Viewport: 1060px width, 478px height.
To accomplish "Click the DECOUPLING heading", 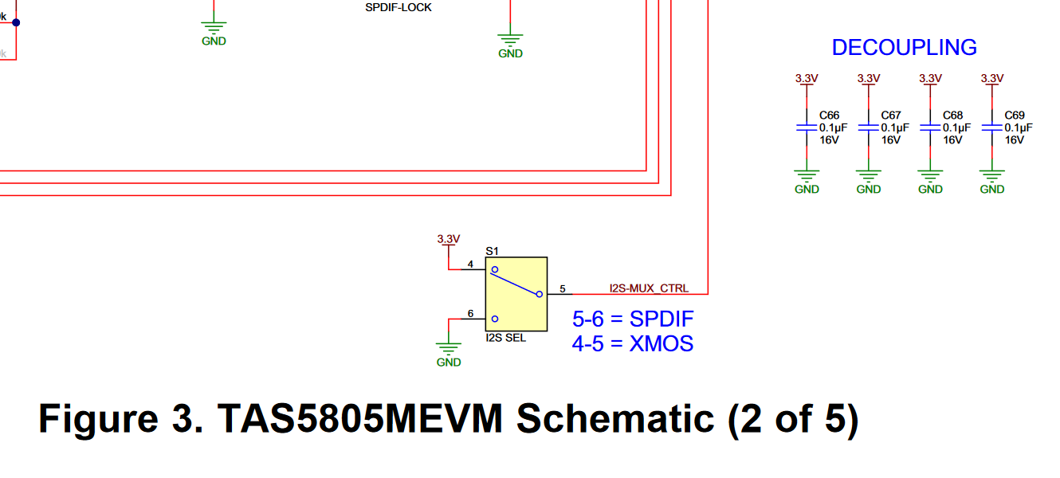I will pos(904,48).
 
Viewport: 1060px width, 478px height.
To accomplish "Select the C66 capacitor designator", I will pos(829,116).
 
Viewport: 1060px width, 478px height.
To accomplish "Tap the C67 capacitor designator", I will pos(891,116).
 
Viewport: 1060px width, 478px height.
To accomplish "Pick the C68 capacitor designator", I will pos(952,116).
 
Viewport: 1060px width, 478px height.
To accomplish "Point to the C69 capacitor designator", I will pos(1015,116).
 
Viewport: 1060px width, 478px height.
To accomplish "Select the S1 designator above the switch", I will pos(492,250).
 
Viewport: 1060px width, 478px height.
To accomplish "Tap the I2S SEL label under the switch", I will pos(505,338).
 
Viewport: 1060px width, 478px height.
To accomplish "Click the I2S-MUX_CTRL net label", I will pos(649,288).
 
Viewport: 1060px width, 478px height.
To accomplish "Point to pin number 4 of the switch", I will pos(470,264).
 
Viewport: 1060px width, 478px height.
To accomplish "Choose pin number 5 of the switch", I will pos(562,288).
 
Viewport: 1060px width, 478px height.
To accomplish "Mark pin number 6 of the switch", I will pos(470,314).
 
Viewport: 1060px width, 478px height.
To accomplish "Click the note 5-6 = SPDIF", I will pos(633,319).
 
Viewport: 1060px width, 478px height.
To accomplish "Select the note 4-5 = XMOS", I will pos(633,343).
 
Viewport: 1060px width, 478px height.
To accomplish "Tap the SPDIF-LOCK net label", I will pos(398,8).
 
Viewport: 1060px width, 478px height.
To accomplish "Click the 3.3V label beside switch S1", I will pos(449,238).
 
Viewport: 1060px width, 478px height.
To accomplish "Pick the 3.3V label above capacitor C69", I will pos(991,78).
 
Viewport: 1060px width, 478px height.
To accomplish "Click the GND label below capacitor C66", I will pos(807,189).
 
